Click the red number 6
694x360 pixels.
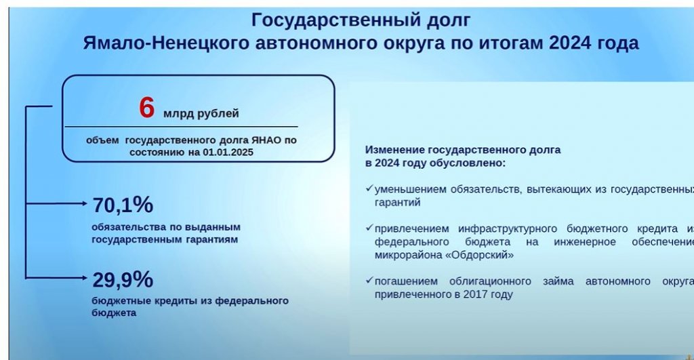pyautogui.click(x=146, y=108)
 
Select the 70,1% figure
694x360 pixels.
pyautogui.click(x=123, y=205)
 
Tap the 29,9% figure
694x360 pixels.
pyautogui.click(x=123, y=279)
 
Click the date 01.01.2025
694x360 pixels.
pyautogui.click(x=228, y=153)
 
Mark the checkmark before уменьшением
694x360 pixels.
pyautogui.click(x=369, y=188)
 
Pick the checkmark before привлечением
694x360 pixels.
pyautogui.click(x=369, y=228)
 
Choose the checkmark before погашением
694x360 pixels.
pyautogui.click(x=369, y=280)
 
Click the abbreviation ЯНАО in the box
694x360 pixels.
pyautogui.click(x=266, y=140)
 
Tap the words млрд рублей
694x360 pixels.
pyautogui.click(x=201, y=113)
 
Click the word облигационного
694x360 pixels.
pyautogui.click(x=490, y=281)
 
